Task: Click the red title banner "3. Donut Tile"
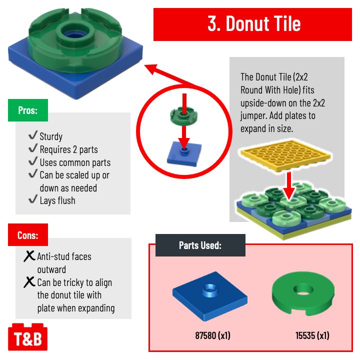[253, 24]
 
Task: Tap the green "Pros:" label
[27, 110]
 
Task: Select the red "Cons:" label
[27, 235]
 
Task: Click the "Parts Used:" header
[200, 245]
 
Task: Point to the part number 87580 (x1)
[212, 335]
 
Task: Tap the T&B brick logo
[25, 339]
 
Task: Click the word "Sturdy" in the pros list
[51, 136]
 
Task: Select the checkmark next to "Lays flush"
[33, 200]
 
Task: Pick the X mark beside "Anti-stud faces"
[29, 256]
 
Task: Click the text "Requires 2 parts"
[69, 149]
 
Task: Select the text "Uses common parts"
[75, 162]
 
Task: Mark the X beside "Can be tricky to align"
[29, 282]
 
